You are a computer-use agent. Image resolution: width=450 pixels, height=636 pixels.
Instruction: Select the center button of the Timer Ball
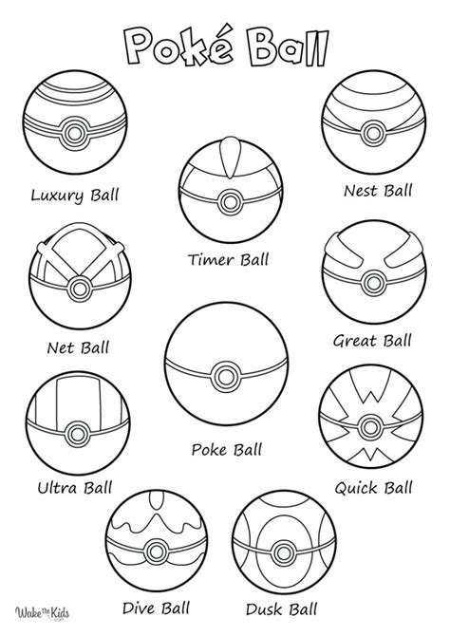click(x=227, y=199)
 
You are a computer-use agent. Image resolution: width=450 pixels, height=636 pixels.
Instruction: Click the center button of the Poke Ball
click(x=225, y=372)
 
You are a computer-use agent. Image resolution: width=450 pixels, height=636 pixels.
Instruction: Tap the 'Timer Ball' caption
click(x=228, y=258)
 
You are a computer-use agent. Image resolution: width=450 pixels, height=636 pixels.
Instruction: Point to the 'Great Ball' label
click(x=371, y=340)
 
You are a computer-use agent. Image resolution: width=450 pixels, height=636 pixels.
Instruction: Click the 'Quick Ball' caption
click(x=373, y=488)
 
